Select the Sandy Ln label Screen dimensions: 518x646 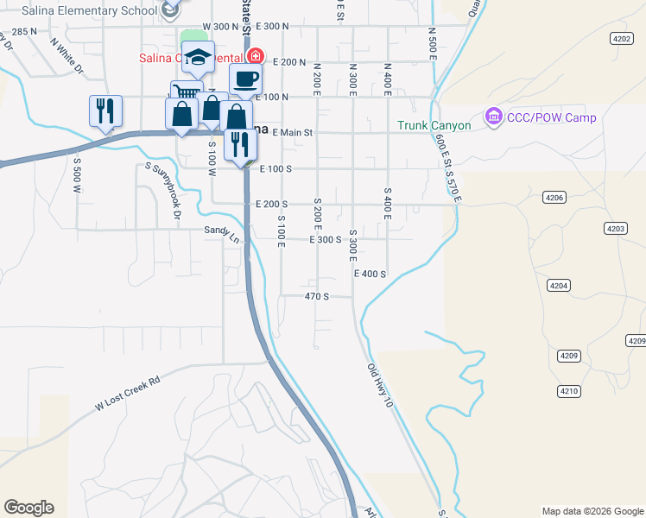tap(221, 231)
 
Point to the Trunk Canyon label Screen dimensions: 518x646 tap(434, 125)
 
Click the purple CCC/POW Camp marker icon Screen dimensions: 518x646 tap(494, 115)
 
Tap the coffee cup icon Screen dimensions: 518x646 tap(245, 79)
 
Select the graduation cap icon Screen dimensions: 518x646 tap(198, 57)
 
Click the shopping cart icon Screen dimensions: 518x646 tap(184, 92)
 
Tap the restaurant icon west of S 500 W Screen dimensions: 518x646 tap(105, 111)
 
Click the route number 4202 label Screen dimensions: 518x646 tap(620, 39)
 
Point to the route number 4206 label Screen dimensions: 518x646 tap(554, 198)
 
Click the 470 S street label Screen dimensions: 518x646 tap(317, 296)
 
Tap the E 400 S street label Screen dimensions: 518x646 tap(369, 274)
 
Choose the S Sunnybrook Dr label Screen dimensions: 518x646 tap(162, 191)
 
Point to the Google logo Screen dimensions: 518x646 tap(28, 508)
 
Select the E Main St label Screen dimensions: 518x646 tap(291, 133)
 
